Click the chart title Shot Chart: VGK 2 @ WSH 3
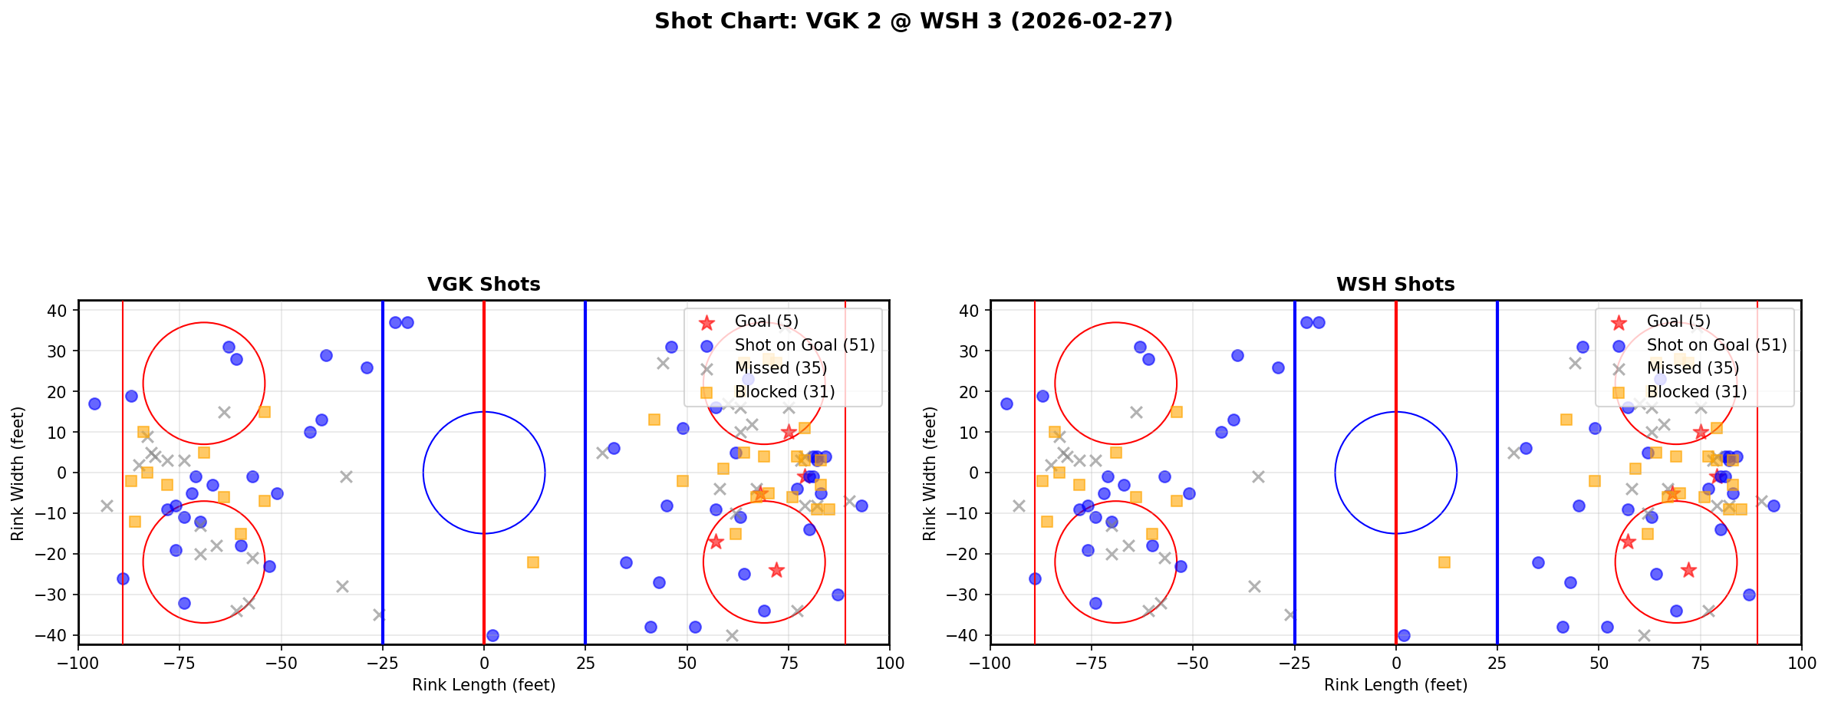(x=913, y=21)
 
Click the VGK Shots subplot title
(x=483, y=285)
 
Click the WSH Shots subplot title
(x=1395, y=285)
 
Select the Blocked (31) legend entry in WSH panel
(x=1696, y=392)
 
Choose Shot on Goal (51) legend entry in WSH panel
(x=1716, y=345)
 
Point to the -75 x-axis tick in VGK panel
(x=180, y=662)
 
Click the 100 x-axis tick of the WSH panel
(x=1800, y=662)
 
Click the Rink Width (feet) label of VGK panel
(x=18, y=473)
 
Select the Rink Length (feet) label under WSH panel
(x=1395, y=685)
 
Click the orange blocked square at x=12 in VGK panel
(x=533, y=562)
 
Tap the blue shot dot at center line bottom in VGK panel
(x=492, y=635)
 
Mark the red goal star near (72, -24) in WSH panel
(x=1688, y=570)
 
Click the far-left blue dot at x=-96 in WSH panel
(x=1006, y=404)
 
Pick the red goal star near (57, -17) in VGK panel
(x=716, y=542)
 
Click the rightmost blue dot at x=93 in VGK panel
(x=861, y=506)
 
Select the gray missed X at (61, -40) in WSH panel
(x=1643, y=635)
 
